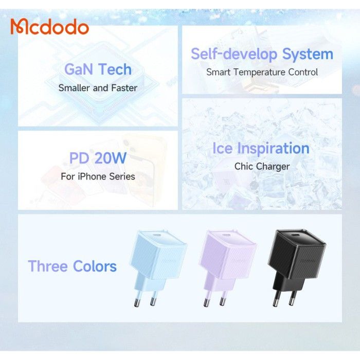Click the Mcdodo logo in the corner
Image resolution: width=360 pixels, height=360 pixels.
[x=49, y=27]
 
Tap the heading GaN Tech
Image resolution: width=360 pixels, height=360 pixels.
[x=98, y=69]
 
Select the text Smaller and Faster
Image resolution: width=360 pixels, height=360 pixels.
[x=98, y=88]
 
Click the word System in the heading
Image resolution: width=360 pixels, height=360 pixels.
[x=308, y=54]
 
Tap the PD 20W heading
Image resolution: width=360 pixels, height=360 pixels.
[x=98, y=158]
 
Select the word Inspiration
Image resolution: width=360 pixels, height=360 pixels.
[x=273, y=149]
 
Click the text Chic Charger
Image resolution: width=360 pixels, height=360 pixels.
[x=262, y=167]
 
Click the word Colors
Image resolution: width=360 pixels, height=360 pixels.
[x=95, y=266]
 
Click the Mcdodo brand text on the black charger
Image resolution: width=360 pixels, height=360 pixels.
[x=307, y=261]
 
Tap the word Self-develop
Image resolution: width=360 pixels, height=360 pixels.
[x=234, y=55]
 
